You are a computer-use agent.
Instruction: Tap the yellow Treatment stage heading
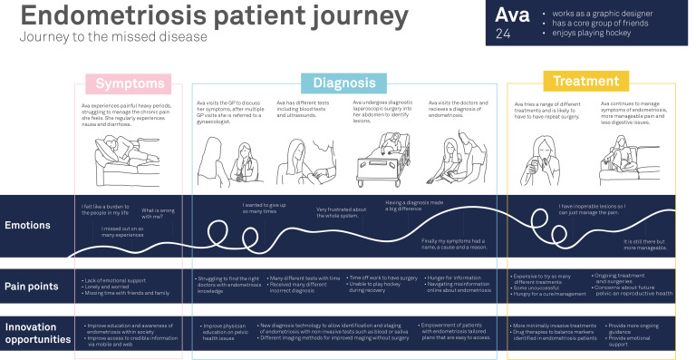[x=585, y=82]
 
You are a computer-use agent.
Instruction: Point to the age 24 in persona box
[x=505, y=35]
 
